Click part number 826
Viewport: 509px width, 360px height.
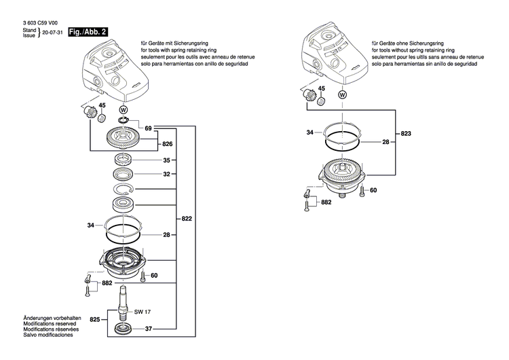pyautogui.click(x=168, y=145)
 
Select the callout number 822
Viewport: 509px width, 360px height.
pyautogui.click(x=187, y=219)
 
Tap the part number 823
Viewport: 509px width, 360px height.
pyautogui.click(x=406, y=134)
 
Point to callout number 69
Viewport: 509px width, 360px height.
pyautogui.click(x=148, y=128)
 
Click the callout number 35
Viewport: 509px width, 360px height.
pyautogui.click(x=166, y=161)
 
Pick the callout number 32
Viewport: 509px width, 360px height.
pyautogui.click(x=166, y=175)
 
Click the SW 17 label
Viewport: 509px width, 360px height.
pyautogui.click(x=142, y=312)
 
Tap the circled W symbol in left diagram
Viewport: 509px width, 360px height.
pyautogui.click(x=123, y=109)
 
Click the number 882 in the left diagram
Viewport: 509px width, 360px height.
pyautogui.click(x=107, y=283)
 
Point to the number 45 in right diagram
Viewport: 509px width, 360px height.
pyautogui.click(x=322, y=89)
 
